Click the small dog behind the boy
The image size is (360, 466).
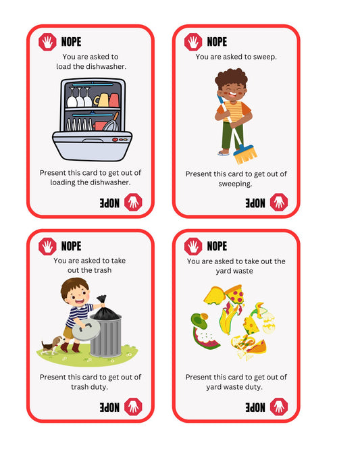point(53,345)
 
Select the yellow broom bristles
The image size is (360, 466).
point(245,155)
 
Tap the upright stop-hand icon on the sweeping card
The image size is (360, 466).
point(193,42)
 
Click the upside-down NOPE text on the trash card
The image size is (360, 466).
point(109,407)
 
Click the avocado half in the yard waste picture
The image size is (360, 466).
point(199,321)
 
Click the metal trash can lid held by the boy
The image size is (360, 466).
point(86,330)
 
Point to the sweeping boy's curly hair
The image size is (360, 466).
point(231,77)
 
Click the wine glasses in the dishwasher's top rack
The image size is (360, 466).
point(80,97)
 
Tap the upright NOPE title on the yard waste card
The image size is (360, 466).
point(217,246)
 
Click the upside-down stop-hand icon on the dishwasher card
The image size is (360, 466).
point(133,203)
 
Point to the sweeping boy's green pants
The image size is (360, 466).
point(232,135)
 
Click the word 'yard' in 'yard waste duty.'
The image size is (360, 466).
point(214,388)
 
